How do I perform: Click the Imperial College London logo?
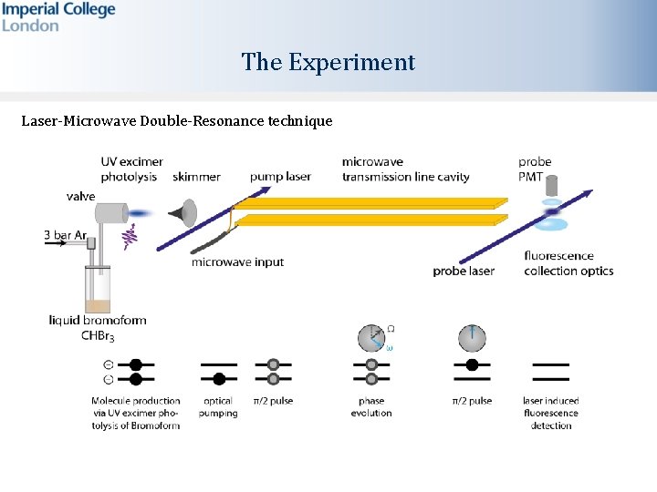click(x=58, y=16)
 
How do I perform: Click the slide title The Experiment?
click(x=328, y=62)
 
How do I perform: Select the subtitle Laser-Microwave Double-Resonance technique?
click(x=177, y=120)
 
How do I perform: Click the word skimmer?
click(x=196, y=176)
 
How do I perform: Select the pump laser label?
click(x=280, y=176)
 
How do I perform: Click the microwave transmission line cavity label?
click(x=405, y=169)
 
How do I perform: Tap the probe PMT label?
click(x=535, y=169)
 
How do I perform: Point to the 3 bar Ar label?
click(x=71, y=235)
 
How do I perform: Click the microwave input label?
click(x=237, y=262)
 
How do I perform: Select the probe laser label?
click(x=464, y=271)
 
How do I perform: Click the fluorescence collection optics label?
click(x=568, y=263)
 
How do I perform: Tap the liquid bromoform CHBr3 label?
click(x=97, y=326)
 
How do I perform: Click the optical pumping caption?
click(x=218, y=407)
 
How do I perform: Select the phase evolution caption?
click(x=371, y=407)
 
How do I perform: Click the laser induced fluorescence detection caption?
click(x=551, y=413)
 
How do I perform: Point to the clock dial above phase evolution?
click(x=371, y=338)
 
